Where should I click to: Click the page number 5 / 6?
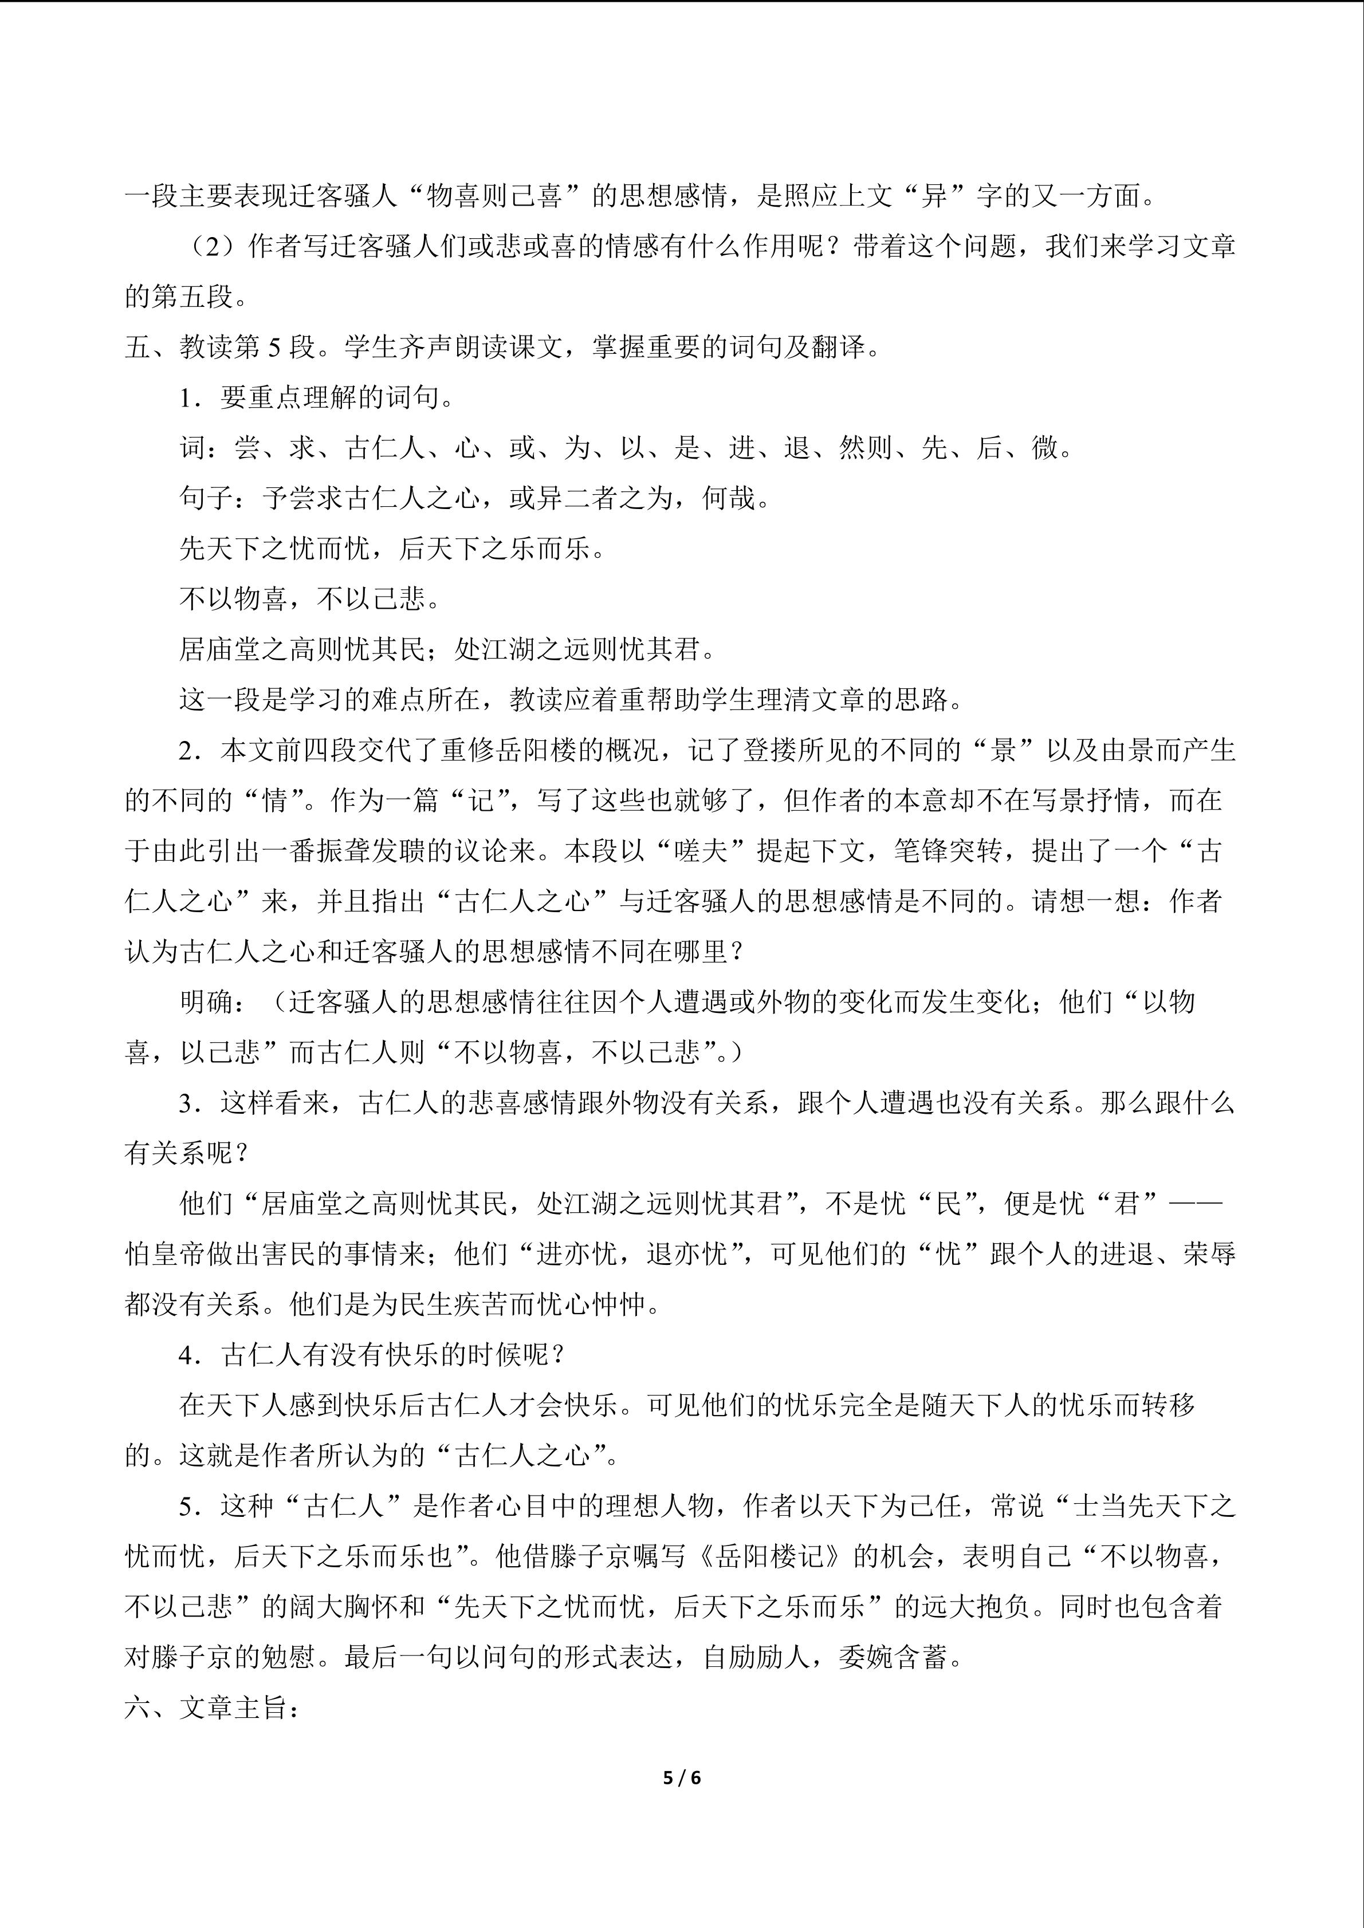pos(681,1777)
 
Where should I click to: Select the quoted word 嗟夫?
pos(701,851)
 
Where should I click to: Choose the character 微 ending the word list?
pos(1045,448)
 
